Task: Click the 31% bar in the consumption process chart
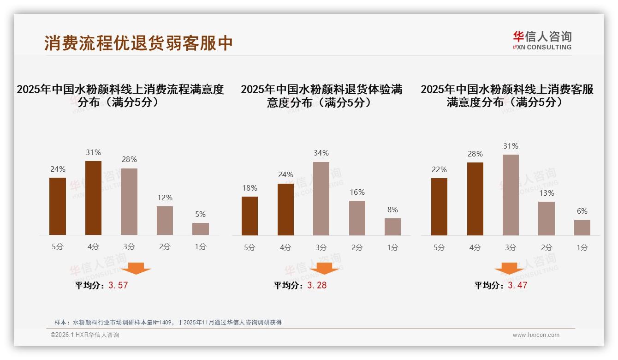93,198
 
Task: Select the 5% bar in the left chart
201,229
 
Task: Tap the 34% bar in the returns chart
321,198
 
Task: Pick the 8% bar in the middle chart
392,227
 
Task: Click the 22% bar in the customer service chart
439,207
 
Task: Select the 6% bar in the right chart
582,228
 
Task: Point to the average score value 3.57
118,285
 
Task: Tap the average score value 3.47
517,285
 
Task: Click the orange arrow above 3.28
324,268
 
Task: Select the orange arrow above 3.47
509,268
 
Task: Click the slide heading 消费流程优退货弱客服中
138,43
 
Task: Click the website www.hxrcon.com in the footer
536,335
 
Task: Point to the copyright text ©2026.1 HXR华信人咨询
85,335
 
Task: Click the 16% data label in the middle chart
357,192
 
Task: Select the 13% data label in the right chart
547,193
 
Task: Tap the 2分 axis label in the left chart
165,247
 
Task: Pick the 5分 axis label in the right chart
439,248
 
